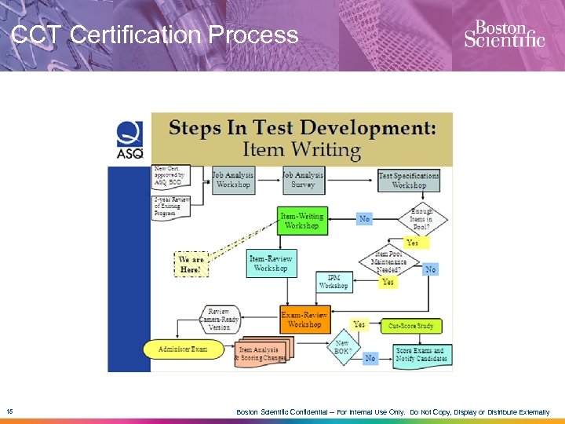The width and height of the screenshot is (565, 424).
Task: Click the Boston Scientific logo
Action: pyautogui.click(x=504, y=34)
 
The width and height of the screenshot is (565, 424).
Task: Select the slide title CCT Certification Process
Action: pyautogui.click(x=155, y=35)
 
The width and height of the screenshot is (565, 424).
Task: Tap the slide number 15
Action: pyautogui.click(x=9, y=411)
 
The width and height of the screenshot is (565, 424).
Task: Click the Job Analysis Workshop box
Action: pyautogui.click(x=233, y=181)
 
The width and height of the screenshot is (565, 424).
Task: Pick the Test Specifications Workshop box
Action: pyautogui.click(x=408, y=181)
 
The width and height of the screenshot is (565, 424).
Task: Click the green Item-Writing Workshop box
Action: pyautogui.click(x=302, y=221)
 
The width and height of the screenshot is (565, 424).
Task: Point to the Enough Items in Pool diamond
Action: pyautogui.click(x=421, y=219)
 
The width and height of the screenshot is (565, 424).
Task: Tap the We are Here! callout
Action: pyautogui.click(x=191, y=264)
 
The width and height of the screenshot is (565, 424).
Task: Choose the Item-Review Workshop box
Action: pyautogui.click(x=271, y=264)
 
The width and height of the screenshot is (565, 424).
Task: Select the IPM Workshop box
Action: pyautogui.click(x=334, y=282)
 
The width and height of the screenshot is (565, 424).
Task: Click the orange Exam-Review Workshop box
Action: pyautogui.click(x=304, y=319)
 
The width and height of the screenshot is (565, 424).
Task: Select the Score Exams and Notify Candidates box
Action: pyautogui.click(x=420, y=354)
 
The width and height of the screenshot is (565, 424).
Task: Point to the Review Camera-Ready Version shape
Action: pyautogui.click(x=219, y=320)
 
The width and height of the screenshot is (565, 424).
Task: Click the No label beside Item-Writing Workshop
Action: pyautogui.click(x=364, y=219)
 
